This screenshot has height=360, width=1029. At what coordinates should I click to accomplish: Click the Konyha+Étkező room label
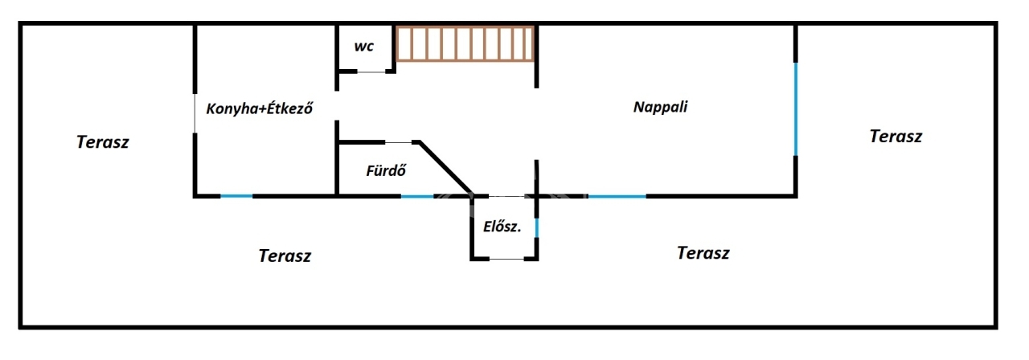pos(259,108)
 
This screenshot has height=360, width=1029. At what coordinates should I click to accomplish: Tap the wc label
pos(364,47)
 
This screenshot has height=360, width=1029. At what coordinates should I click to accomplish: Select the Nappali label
pos(661,106)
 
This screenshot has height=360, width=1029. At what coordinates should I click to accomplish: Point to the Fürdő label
pos(385,170)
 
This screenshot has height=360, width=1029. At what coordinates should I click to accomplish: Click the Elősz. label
pos(502,227)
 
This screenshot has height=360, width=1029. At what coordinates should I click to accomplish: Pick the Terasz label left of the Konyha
pos(103,142)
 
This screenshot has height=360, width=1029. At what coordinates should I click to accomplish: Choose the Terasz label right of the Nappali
pos(896,136)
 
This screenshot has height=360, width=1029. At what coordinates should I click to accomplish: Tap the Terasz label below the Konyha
pos(285,256)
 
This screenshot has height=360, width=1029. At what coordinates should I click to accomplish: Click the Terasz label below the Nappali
pos(703,253)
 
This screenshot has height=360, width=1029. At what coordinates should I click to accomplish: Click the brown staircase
pos(465,43)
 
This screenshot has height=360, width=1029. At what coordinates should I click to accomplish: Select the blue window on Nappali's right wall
pos(796,108)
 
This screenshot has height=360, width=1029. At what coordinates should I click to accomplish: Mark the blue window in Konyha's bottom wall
pos(237,195)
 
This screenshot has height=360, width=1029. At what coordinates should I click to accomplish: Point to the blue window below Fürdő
pos(417,195)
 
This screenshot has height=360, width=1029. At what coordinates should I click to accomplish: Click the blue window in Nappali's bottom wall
pos(617,195)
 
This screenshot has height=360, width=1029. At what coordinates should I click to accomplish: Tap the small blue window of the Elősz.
pos(536,228)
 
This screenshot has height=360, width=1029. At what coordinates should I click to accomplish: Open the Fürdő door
pos(399,142)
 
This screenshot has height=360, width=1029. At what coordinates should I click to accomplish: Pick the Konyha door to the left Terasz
pos(195,112)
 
